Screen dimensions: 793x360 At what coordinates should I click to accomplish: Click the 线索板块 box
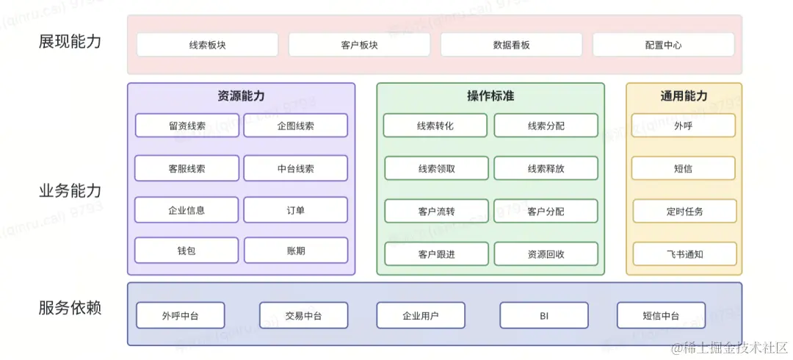coord(207,45)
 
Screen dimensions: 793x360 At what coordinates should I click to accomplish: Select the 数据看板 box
coord(511,45)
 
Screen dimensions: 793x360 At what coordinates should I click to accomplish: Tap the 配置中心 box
coord(663,45)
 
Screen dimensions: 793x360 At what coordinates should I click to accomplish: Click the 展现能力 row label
coord(70,41)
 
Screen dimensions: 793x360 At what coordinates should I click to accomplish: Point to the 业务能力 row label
coord(70,191)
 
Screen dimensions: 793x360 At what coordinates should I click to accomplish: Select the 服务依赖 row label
coord(70,308)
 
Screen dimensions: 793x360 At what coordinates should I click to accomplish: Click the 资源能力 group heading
coord(241,96)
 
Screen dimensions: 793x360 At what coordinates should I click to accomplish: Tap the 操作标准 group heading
coord(490,96)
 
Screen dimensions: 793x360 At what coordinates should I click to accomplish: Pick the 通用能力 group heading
coord(684,96)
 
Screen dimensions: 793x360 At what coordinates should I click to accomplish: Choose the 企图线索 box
coord(295,126)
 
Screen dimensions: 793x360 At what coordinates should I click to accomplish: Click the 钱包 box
coord(187,251)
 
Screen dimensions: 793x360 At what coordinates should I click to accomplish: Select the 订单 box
coord(295,210)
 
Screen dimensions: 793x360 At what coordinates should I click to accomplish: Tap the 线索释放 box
coord(546,168)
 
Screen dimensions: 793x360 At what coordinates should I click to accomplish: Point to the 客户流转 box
coord(436,212)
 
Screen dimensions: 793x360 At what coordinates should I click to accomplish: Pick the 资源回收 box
coord(546,254)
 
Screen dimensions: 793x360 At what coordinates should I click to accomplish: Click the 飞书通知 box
coord(684,254)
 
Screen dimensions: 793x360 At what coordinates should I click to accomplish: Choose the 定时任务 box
coord(684,212)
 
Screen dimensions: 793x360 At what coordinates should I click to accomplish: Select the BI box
coord(543,316)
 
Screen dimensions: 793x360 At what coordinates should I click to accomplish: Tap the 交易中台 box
coord(303,316)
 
